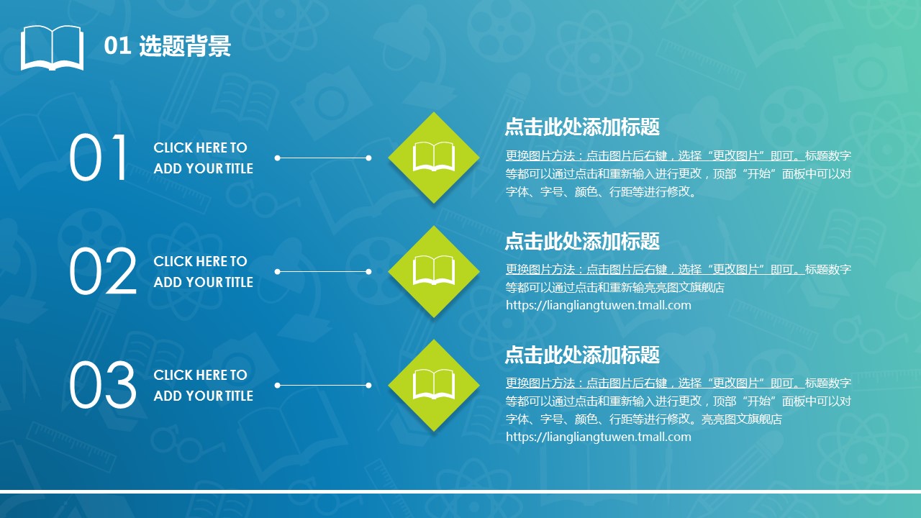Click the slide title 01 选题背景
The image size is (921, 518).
point(168,45)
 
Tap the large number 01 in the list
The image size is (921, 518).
point(99,158)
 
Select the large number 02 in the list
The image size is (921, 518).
point(103,271)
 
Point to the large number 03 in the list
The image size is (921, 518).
point(103,385)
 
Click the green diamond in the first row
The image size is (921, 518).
point(434,158)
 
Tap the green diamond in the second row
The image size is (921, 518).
point(434,271)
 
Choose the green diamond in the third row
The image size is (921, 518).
point(434,385)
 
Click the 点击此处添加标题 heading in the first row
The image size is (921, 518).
point(582,127)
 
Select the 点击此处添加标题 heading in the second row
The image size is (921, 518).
point(582,240)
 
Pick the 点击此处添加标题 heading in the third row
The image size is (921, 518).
point(582,355)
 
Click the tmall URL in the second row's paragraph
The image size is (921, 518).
point(598,306)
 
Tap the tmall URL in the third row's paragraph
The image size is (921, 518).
point(598,437)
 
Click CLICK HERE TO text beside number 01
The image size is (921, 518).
point(200,147)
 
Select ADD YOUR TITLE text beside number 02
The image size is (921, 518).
point(204,282)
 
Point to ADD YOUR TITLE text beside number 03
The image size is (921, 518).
point(204,396)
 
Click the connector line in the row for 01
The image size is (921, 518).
point(323,158)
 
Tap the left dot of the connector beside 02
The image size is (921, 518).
point(278,271)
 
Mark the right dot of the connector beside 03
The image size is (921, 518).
point(369,385)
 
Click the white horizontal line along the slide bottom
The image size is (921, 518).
point(460,491)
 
